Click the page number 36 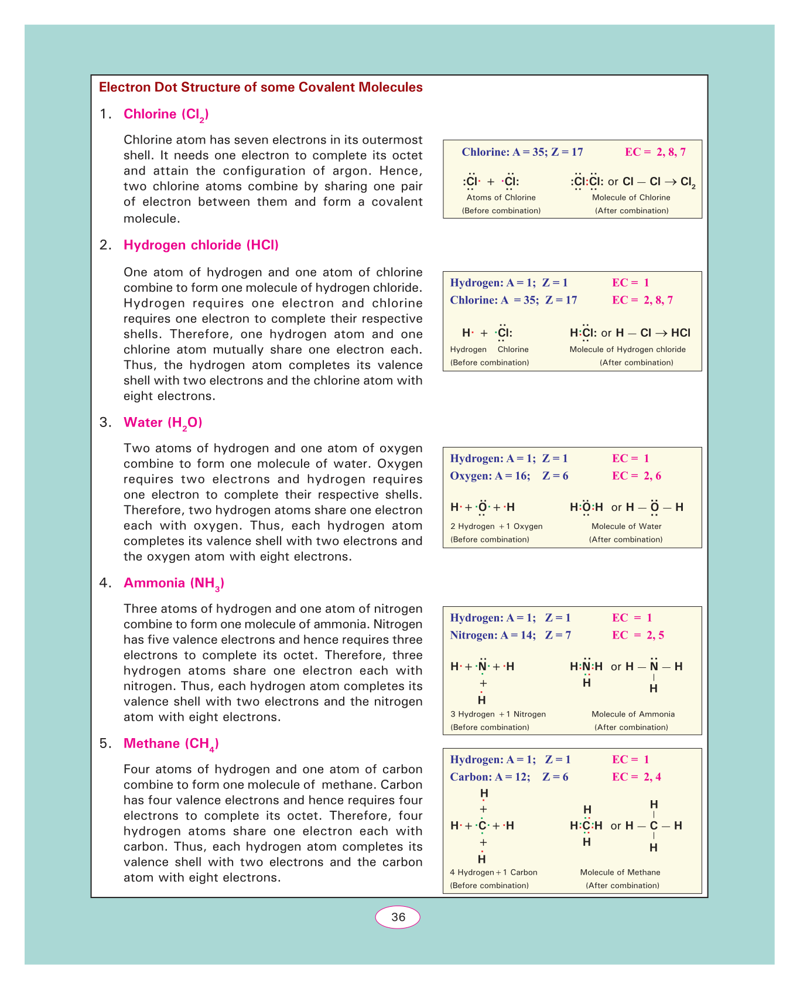point(398,917)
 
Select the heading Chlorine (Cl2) point(166,114)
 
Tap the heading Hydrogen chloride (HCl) point(201,245)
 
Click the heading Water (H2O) point(163,422)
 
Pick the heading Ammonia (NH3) point(174,583)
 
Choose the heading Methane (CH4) point(171,743)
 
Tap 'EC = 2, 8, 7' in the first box point(655,152)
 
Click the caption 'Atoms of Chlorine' point(501,197)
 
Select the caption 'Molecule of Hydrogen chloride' point(627,349)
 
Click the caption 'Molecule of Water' point(626,526)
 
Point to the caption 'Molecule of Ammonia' point(633,714)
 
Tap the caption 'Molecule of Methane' point(620,872)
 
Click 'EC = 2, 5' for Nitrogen point(638,635)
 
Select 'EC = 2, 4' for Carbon point(636,777)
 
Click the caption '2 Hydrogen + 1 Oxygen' point(496,526)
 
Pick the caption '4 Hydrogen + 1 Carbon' point(493,872)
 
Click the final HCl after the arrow point(681,333)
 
